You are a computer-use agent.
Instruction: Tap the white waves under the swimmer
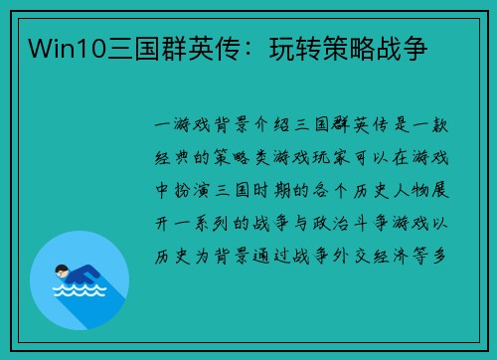(x=80, y=292)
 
